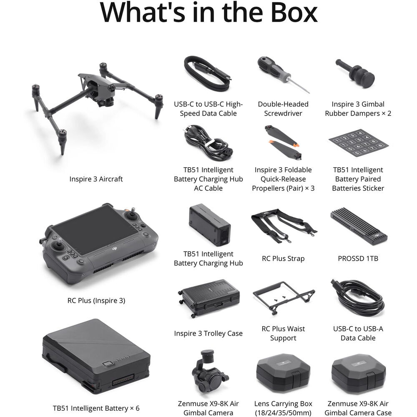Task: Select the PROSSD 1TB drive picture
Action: click(x=358, y=226)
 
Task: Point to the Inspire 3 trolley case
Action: click(x=209, y=298)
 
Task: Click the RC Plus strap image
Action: click(x=283, y=226)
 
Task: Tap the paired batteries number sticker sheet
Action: click(x=358, y=143)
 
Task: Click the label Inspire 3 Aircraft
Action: click(x=96, y=179)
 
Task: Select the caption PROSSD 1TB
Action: click(x=358, y=259)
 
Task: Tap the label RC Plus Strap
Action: click(x=283, y=259)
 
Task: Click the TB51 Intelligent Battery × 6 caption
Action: click(x=96, y=408)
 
